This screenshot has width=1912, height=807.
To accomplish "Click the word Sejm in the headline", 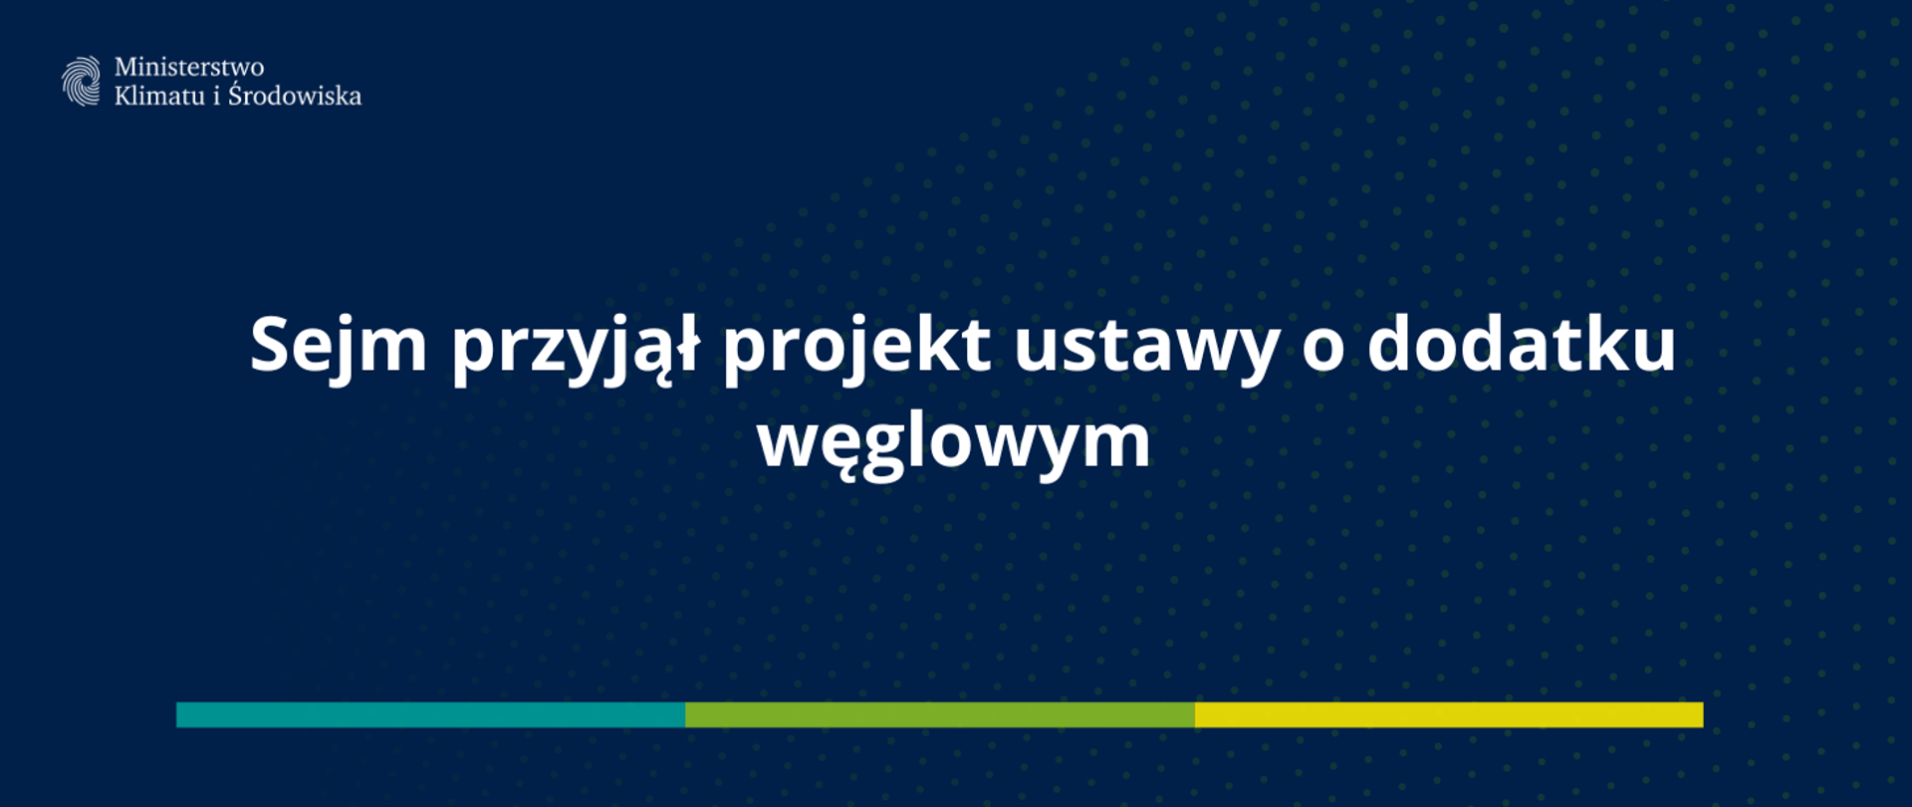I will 338,345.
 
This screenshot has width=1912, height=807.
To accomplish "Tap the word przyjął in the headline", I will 576,347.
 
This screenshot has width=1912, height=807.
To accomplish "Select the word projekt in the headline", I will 856,347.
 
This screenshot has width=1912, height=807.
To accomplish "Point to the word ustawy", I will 1146,347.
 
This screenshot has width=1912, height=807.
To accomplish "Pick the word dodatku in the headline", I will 1521,345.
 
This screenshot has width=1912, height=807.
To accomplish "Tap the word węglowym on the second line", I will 954,442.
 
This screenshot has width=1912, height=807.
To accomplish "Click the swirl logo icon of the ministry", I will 81,81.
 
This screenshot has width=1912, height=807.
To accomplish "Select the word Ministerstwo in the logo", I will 189,67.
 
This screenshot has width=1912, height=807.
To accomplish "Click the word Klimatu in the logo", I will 159,96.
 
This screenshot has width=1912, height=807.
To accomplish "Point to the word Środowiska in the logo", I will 295,96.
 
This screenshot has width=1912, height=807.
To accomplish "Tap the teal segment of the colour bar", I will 430,714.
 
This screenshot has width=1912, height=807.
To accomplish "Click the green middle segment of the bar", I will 940,714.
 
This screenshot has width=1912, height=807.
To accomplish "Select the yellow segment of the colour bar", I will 1449,714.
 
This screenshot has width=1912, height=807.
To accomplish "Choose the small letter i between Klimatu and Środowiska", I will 216,96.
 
